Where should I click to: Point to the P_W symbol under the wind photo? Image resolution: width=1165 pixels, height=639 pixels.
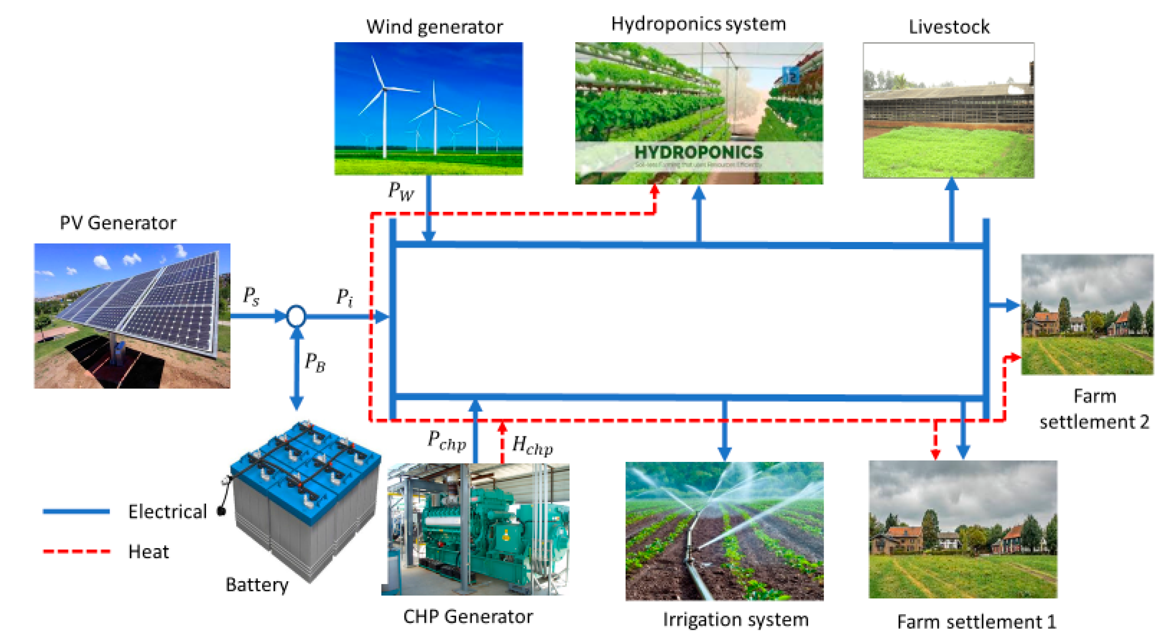pos(401,190)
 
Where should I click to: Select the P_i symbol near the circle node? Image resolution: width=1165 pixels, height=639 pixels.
pos(345,297)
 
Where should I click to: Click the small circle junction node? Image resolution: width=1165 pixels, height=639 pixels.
pos(296,316)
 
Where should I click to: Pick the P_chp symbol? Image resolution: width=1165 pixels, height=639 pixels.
pos(446,440)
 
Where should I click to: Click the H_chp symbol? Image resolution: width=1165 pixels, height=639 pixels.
pos(532,445)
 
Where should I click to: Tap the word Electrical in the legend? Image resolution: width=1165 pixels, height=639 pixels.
pos(167,512)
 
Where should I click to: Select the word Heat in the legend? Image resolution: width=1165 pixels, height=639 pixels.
pos(148,552)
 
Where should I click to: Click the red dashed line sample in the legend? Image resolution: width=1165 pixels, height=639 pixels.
pos(77,551)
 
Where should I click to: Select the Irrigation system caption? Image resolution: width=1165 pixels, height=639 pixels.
pos(735,619)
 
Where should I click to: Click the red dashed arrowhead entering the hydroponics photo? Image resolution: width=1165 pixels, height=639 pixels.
pos(654,190)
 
